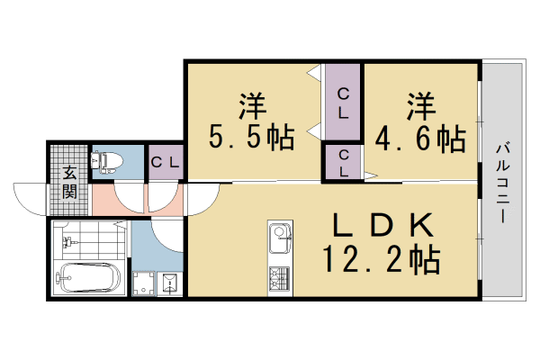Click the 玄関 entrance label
click(x=69, y=181)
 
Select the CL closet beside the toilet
click(x=166, y=163)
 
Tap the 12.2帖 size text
click(x=382, y=261)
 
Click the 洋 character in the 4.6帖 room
click(x=419, y=105)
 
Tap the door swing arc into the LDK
click(x=168, y=234)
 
